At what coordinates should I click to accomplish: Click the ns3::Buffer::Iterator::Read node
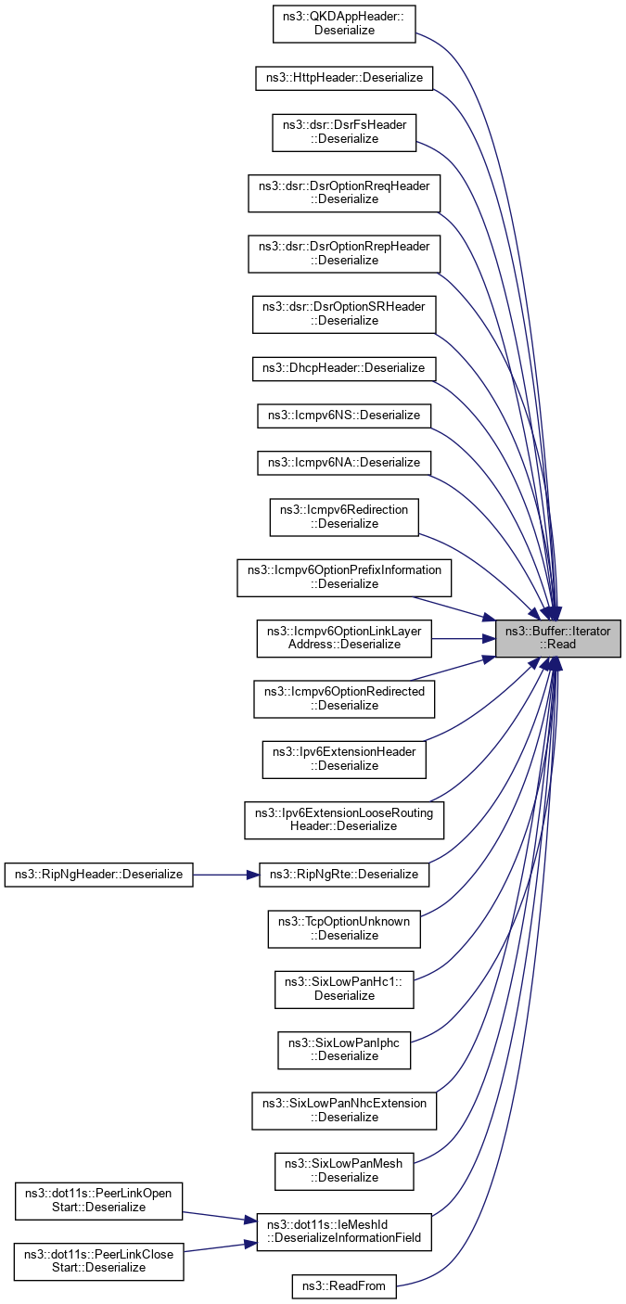[557, 638]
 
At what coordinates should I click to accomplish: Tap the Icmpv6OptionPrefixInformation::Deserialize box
[344, 577]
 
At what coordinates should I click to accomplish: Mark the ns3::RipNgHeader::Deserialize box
[99, 874]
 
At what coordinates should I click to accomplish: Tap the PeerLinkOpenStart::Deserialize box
[99, 1199]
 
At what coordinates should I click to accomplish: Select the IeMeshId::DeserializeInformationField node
[344, 1231]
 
